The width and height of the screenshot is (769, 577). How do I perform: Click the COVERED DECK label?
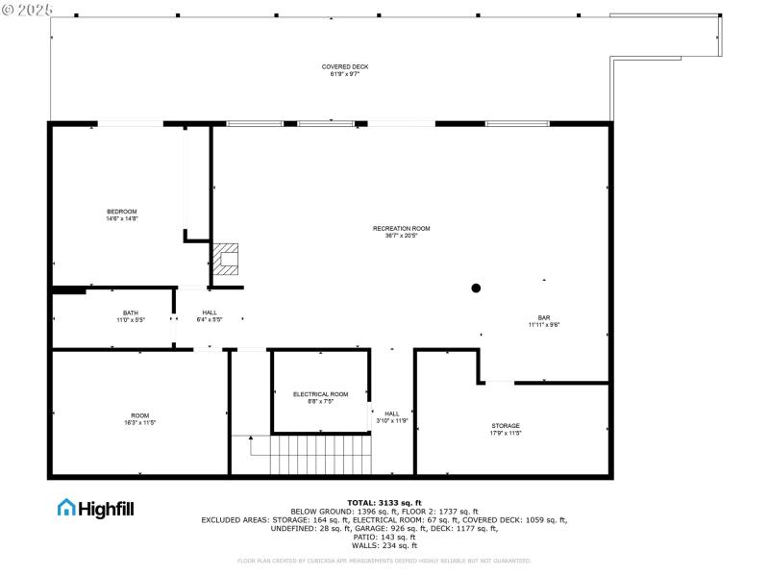344,66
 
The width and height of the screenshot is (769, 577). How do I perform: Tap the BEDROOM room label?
122,212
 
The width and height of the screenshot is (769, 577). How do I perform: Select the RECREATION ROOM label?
401,228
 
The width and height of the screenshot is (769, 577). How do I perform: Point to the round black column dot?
475,287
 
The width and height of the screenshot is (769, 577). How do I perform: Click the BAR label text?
544,317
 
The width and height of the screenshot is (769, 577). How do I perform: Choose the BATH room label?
130,312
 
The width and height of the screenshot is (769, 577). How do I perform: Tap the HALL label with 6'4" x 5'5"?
210,312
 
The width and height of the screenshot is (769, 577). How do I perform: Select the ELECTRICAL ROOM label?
320,394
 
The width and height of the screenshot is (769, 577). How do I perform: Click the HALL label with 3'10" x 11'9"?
392,414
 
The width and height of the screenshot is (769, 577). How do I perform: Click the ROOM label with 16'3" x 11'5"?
140,415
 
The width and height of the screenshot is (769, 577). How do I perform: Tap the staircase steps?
319,455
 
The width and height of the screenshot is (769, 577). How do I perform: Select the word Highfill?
106,508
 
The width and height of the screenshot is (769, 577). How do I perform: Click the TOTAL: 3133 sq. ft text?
384,502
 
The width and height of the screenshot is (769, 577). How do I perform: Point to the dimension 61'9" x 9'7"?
344,73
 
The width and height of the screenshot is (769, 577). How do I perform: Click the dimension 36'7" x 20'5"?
401,235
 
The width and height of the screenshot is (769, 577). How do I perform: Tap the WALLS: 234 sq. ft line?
384,545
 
